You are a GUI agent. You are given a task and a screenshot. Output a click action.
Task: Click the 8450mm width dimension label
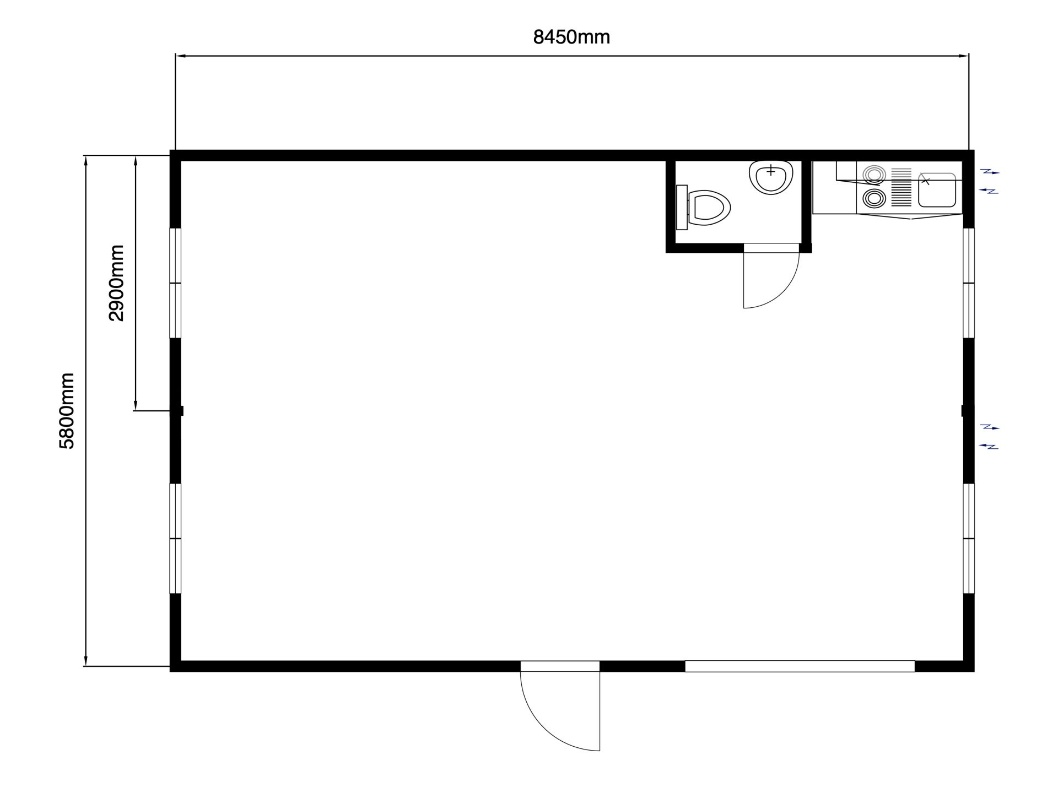(571, 37)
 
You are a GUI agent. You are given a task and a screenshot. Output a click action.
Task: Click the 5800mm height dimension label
(67, 411)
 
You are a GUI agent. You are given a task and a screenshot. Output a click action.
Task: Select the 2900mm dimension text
(116, 283)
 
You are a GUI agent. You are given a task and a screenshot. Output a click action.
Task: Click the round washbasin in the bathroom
(771, 177)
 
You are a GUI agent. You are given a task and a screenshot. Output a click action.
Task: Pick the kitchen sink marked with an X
(937, 190)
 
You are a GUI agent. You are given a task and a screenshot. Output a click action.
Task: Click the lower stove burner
(873, 198)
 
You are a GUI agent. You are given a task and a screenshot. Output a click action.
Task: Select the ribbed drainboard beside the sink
(902, 187)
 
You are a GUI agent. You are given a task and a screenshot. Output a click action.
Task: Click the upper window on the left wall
(175, 283)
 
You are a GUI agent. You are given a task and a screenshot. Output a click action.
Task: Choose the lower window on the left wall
(175, 538)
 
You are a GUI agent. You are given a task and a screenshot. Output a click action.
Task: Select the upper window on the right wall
(969, 283)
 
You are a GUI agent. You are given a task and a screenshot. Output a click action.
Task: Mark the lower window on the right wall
(969, 538)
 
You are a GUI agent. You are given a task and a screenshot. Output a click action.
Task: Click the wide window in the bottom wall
(800, 666)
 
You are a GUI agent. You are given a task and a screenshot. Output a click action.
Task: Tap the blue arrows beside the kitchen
(990, 182)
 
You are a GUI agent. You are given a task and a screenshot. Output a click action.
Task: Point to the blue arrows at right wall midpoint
(990, 436)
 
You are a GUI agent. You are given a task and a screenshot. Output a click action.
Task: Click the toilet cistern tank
(682, 208)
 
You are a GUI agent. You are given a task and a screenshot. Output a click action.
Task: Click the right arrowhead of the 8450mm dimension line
(964, 56)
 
